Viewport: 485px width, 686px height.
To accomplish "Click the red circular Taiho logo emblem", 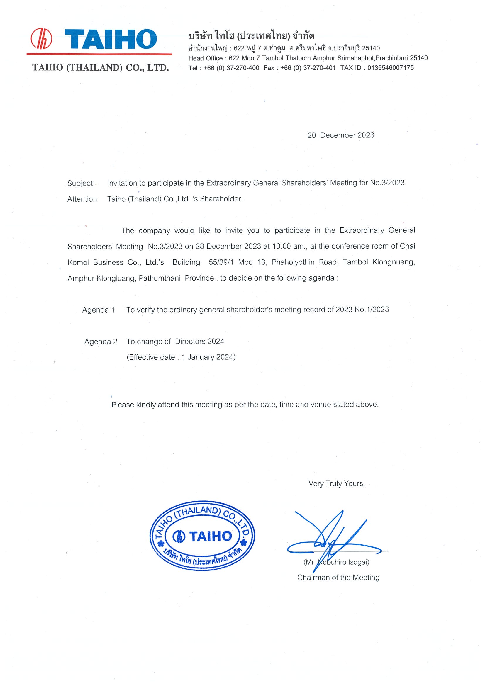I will click(x=41, y=38).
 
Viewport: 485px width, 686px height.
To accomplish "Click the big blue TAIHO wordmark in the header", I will click(x=111, y=39).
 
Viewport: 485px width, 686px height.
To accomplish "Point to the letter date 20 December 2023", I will click(x=341, y=135).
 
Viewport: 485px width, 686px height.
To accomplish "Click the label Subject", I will click(x=80, y=183).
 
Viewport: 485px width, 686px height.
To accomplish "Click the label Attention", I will click(x=82, y=199).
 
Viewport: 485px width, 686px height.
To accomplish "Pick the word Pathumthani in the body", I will click(x=160, y=278).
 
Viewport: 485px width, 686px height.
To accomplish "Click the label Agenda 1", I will click(x=98, y=310).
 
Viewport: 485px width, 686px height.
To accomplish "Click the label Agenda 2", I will click(x=101, y=342).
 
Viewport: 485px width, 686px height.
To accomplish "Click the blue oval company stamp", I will click(x=202, y=536).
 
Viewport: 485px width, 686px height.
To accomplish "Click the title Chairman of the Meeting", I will click(x=338, y=578).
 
